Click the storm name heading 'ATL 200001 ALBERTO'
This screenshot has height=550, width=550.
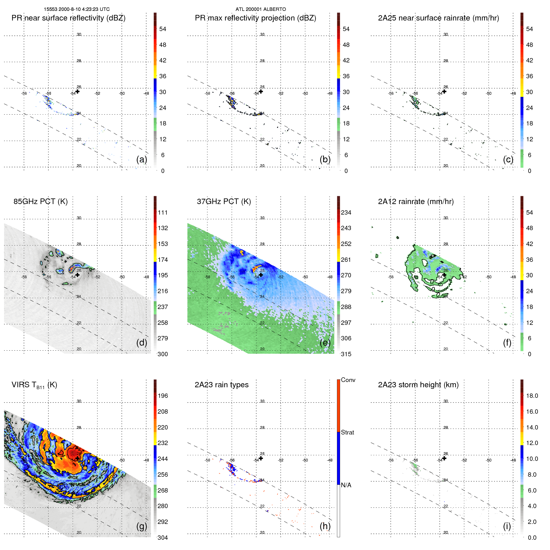pyautogui.click(x=261, y=9)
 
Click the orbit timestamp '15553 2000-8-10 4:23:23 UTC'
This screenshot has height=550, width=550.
pyautogui.click(x=77, y=9)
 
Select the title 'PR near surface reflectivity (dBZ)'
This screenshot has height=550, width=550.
pyautogui.click(x=68, y=18)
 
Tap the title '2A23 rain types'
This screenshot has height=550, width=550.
pyautogui.click(x=221, y=385)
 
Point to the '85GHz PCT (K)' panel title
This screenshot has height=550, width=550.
pyautogui.click(x=40, y=202)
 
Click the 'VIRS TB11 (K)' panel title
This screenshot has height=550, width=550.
pyautogui.click(x=34, y=385)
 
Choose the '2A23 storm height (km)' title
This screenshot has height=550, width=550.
pyautogui.click(x=418, y=385)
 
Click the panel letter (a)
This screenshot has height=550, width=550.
pyautogui.click(x=142, y=159)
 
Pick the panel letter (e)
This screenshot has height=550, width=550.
pyautogui.click(x=325, y=343)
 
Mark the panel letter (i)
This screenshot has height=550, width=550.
pyautogui.click(x=507, y=526)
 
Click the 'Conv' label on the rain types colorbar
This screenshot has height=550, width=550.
pyautogui.click(x=348, y=380)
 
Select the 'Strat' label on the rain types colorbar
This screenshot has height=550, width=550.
pyautogui.click(x=347, y=432)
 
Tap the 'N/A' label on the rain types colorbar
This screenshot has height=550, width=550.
pyautogui.click(x=346, y=485)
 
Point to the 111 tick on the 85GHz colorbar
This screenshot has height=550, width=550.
pyautogui.click(x=162, y=213)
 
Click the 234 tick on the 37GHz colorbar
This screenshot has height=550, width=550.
pyautogui.click(x=346, y=213)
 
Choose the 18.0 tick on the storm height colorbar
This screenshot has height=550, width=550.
pyautogui.click(x=532, y=396)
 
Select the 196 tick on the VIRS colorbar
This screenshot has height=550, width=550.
pyautogui.click(x=162, y=396)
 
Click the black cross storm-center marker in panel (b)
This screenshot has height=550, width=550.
pyautogui.click(x=261, y=91)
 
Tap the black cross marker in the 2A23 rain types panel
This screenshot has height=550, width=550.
pyautogui.click(x=261, y=458)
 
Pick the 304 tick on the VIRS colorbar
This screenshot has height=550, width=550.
pyautogui.click(x=162, y=538)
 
